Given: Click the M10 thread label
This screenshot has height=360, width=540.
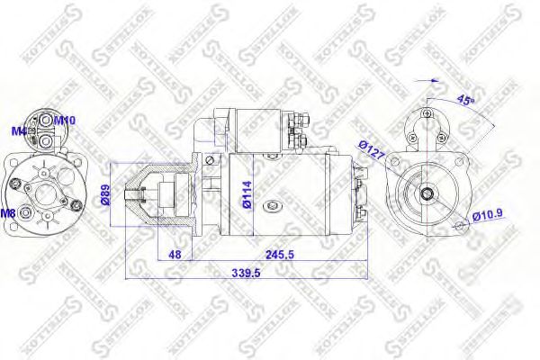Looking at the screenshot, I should tap(65, 120).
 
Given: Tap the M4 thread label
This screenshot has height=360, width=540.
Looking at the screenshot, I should tap(18, 131).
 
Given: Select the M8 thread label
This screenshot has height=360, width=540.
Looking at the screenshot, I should tap(8, 213).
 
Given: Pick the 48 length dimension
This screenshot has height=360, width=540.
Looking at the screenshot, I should tap(175, 255).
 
